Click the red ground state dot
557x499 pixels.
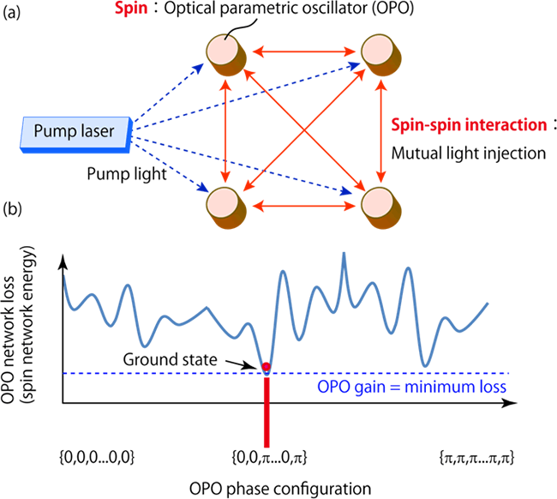267,368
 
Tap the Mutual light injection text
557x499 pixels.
460,155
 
